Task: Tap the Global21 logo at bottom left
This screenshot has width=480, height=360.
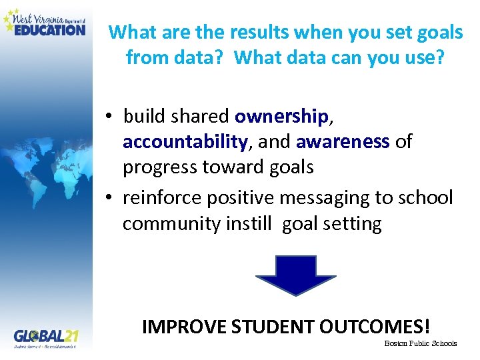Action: coord(45,338)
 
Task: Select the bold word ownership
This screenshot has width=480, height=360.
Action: coord(281,116)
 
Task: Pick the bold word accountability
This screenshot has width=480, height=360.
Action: coord(185,141)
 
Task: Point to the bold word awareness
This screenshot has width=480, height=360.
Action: coord(343,141)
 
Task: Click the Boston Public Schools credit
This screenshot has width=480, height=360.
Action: coord(421,343)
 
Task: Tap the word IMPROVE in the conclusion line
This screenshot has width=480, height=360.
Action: coord(184,326)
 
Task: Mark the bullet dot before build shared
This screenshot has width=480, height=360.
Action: coord(109,117)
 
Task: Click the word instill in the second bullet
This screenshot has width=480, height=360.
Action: coord(251,224)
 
